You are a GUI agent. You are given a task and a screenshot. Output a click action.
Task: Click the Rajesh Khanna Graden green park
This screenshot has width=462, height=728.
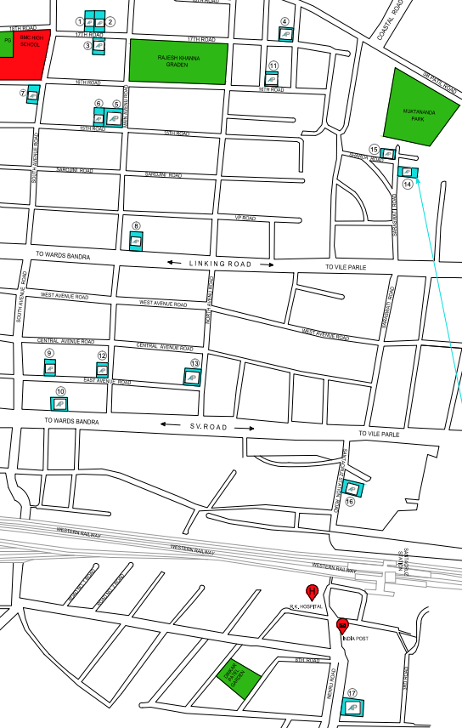coord(178,61)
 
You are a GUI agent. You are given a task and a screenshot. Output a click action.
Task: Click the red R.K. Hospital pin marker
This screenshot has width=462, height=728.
coord(312,592)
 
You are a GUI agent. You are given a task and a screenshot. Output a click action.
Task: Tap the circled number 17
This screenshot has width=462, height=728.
coord(352,692)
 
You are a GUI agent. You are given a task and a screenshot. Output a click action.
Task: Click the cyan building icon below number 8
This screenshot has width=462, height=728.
coord(135,242)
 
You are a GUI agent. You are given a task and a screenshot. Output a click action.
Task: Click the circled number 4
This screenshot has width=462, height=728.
coord(285,21)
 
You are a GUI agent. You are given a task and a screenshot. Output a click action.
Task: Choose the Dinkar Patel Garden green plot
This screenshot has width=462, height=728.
coord(230,680)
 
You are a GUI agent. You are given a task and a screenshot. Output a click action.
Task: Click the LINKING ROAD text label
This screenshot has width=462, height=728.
coord(221,264)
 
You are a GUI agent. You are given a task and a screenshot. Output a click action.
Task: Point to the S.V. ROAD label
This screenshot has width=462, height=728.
coord(208,427)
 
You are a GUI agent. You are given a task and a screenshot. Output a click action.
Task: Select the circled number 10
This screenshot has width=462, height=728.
coord(60,391)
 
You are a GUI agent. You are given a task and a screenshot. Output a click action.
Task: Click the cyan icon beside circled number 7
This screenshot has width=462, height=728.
coord(33,95)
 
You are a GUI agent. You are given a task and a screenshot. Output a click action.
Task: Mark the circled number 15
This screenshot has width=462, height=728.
coord(374,149)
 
